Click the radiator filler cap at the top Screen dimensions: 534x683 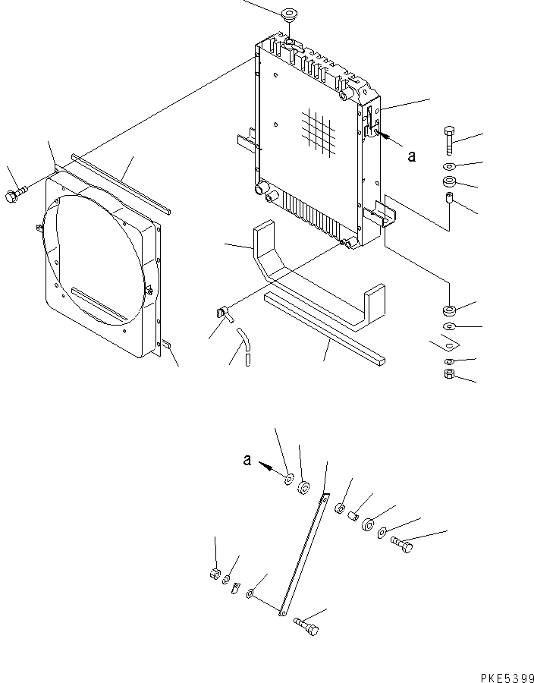coord(288,14)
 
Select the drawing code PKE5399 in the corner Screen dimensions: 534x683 coord(507,678)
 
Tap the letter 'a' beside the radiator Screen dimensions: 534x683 coord(411,156)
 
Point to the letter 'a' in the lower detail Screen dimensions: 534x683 coord(247,460)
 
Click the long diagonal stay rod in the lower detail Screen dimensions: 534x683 coord(303,555)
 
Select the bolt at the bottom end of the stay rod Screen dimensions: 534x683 coord(306,625)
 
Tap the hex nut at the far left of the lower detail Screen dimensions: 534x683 coord(215,574)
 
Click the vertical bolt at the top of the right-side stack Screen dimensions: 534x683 coord(450,140)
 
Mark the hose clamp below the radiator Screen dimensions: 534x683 coord(224,313)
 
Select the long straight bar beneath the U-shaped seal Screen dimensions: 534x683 coord(324,329)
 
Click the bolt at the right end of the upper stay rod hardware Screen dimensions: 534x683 coord(401,544)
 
